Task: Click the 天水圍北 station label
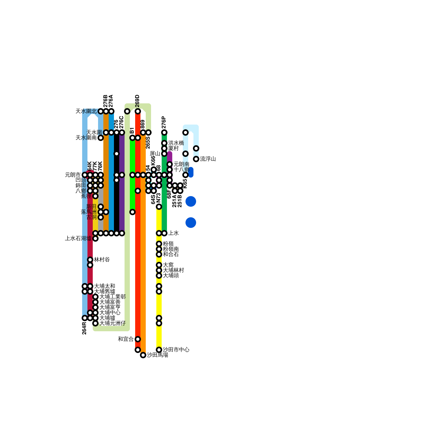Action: pos(86,111)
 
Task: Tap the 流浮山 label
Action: pos(208,159)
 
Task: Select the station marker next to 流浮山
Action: pos(196,159)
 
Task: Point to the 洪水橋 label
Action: pos(176,143)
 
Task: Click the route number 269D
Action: pos(137,101)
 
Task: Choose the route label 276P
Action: pos(164,122)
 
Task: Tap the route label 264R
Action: pos(84,328)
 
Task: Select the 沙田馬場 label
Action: pos(157,355)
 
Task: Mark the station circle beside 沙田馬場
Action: pos(143,355)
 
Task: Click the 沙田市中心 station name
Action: pos(176,350)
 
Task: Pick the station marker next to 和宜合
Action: pos(138,339)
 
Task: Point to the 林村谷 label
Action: pos(102,260)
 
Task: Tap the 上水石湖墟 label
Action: pos(78,238)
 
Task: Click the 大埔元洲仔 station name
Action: pos(112,323)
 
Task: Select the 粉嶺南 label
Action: pos(171,249)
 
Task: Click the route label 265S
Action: pos(148,143)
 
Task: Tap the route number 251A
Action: pos(174,201)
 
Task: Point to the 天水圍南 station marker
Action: pos(101,138)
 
